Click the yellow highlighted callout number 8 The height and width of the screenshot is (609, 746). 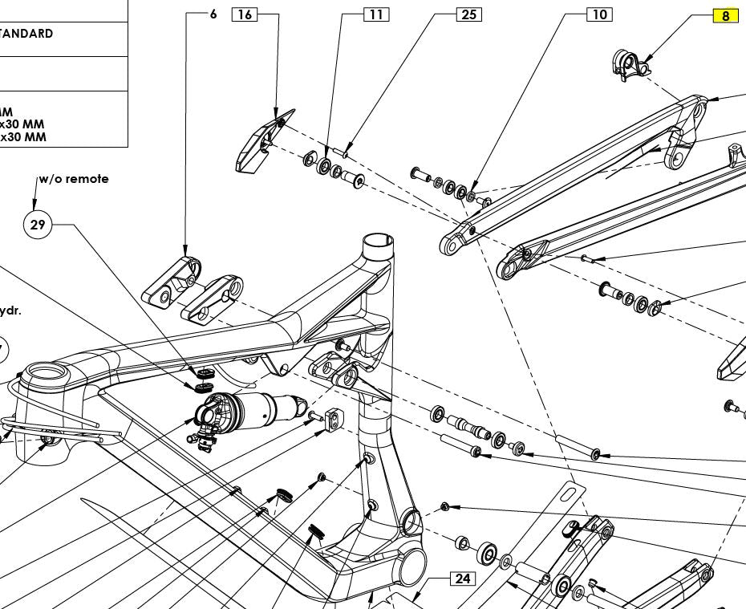[725, 16]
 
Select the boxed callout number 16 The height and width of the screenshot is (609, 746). [245, 14]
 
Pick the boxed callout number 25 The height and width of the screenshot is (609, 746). [469, 14]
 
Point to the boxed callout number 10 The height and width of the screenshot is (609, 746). [599, 14]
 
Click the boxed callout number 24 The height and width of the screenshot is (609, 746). [462, 579]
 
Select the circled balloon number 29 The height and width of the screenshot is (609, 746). [38, 225]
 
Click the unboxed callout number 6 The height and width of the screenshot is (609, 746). [213, 14]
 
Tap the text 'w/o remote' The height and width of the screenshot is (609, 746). [74, 179]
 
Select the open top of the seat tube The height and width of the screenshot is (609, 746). [378, 241]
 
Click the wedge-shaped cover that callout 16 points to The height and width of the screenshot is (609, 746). [257, 145]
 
